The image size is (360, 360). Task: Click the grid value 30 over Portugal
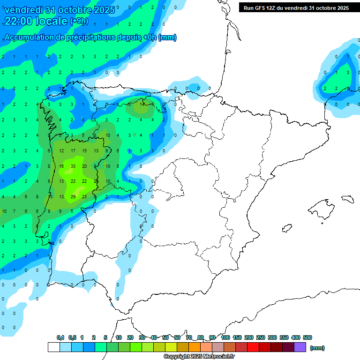pos(73,166)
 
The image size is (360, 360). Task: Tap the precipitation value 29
pos(73,196)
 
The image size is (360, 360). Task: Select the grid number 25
pos(96,181)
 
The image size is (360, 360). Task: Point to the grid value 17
pos(73,151)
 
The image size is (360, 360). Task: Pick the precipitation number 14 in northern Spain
pos(142,104)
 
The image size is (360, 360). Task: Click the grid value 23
pos(84,196)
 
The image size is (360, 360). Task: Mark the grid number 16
pos(61,166)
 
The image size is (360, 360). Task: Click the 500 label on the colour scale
pos(307,337)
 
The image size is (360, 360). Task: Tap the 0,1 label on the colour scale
pos(60,337)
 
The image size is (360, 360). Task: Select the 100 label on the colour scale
pos(225,337)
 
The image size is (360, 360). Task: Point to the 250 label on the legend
pos(261,337)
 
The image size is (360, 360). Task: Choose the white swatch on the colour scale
pos(53,347)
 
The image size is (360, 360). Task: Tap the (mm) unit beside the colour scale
pos(317,348)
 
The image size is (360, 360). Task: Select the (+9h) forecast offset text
pos(79,21)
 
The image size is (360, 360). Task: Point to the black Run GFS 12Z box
pos(296,7)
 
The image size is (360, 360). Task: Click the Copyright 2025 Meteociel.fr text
pos(199,357)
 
